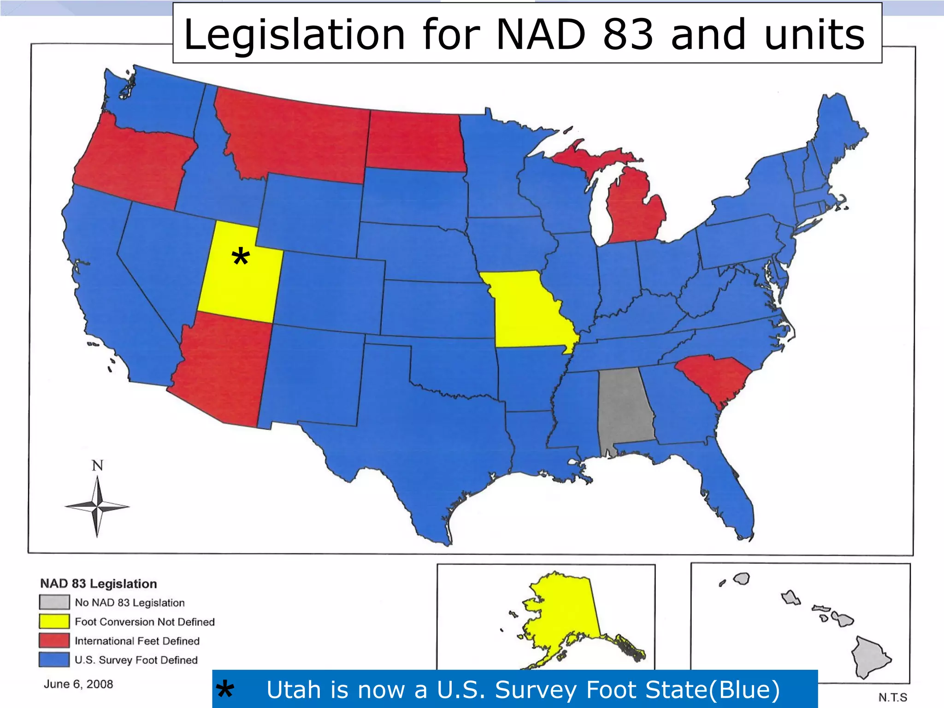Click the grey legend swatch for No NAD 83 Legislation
click(x=54, y=602)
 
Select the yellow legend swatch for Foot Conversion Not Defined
click(x=54, y=621)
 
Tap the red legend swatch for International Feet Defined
click(x=54, y=640)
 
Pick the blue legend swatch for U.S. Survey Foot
click(x=54, y=659)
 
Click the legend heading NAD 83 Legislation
click(x=99, y=584)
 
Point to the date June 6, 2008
click(x=78, y=684)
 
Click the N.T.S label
click(x=892, y=697)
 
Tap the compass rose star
click(x=97, y=507)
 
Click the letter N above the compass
click(x=97, y=466)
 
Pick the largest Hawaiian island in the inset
click(x=869, y=657)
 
